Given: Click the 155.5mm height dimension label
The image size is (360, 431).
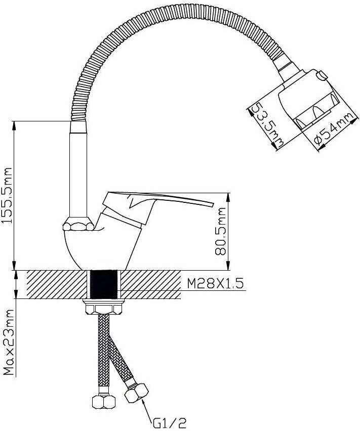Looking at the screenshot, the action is tap(8, 195).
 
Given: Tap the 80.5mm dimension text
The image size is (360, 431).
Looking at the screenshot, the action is tap(221, 232).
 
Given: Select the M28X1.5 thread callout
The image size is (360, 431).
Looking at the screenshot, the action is tap(215, 283).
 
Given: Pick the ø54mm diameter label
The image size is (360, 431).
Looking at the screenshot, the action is tap(334, 129).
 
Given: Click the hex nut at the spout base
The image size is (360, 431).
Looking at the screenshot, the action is tap(78, 224).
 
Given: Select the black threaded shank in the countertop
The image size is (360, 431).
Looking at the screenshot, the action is tap(104, 284).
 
